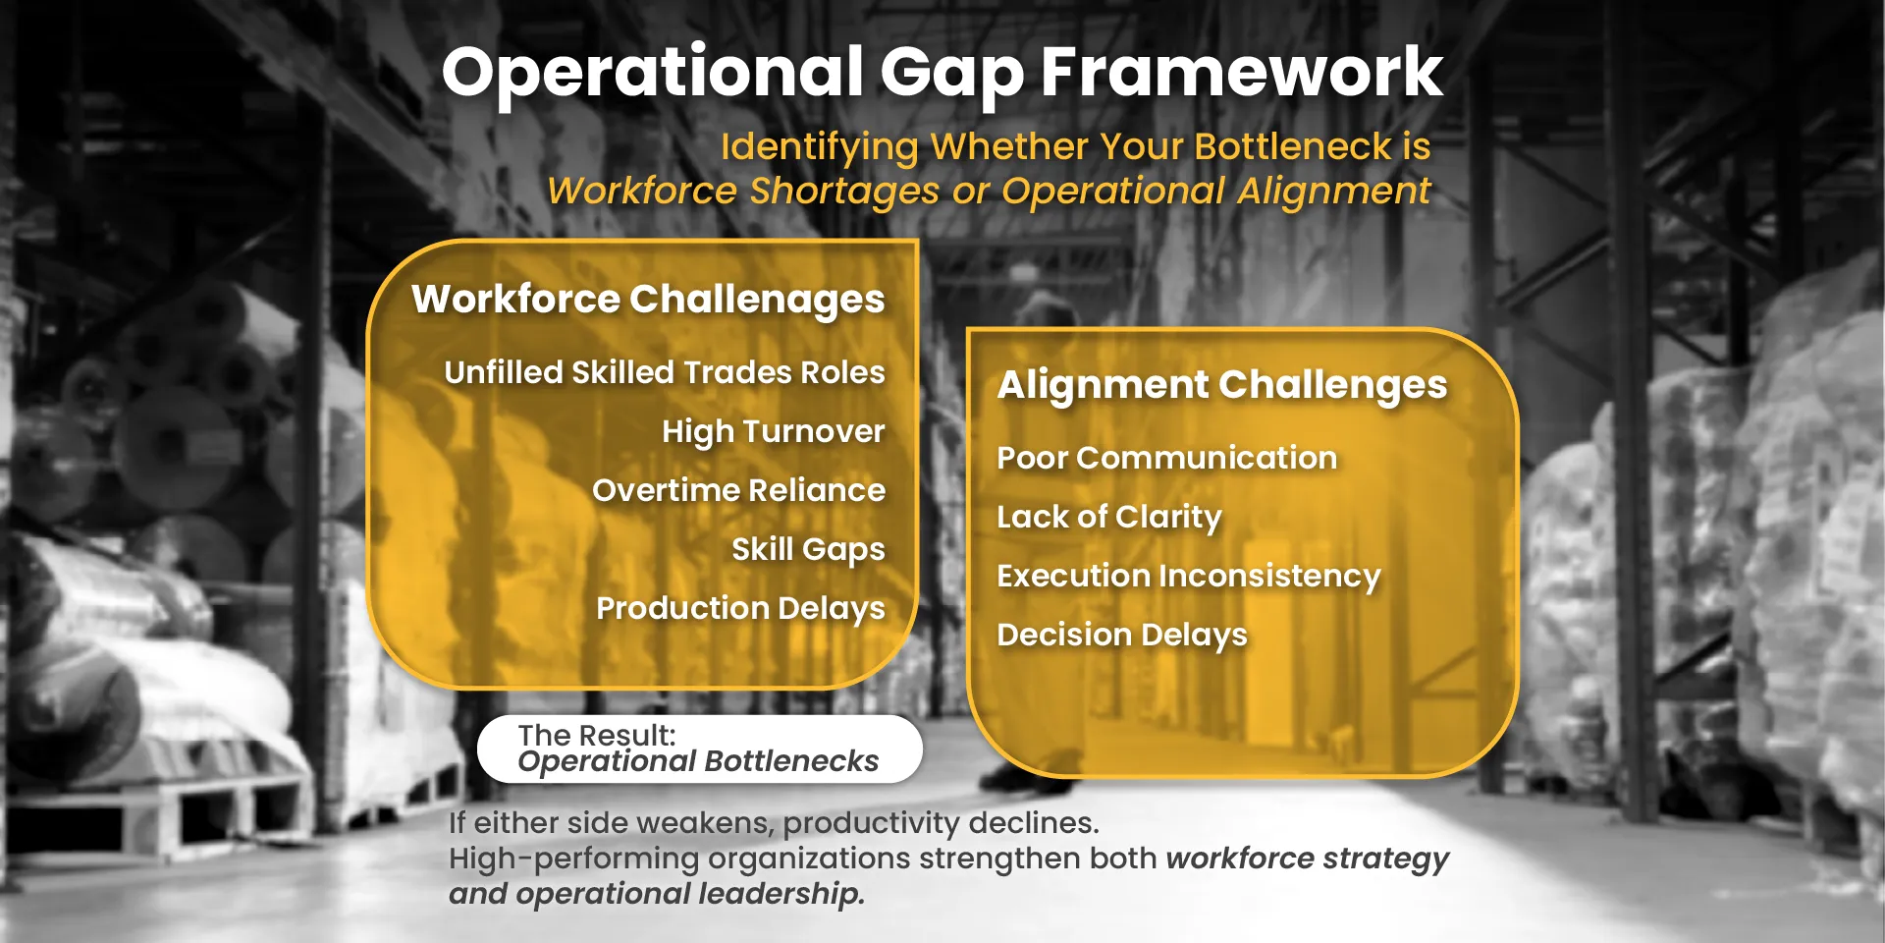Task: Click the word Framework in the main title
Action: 1241,72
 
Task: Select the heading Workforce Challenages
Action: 648,300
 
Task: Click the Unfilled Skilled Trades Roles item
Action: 665,372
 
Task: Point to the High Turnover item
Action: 774,432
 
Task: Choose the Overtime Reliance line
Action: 739,490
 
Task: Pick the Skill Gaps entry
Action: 809,550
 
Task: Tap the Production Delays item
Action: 741,609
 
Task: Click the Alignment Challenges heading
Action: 1222,386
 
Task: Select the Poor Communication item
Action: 1167,458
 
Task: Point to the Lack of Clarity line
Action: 1109,518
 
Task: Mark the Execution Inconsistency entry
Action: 1189,577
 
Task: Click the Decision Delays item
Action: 1122,636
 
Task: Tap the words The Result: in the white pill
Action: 597,735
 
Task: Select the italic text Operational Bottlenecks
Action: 698,761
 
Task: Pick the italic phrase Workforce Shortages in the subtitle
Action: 743,191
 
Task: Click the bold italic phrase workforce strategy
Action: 1308,859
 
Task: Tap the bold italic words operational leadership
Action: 689,894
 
